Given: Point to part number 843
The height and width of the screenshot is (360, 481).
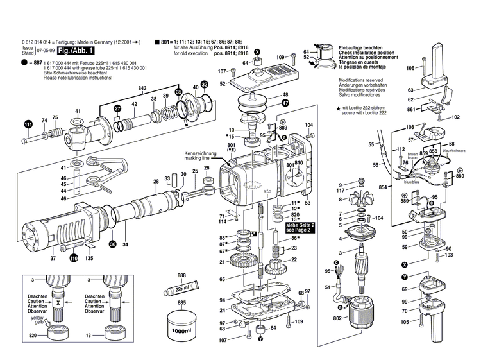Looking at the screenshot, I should [x=142, y=87].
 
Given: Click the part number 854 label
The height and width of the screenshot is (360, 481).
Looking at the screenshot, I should [x=383, y=186].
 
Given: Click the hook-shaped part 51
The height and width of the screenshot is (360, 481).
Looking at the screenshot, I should [x=336, y=296].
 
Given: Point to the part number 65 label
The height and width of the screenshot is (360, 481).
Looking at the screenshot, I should [x=223, y=279].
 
